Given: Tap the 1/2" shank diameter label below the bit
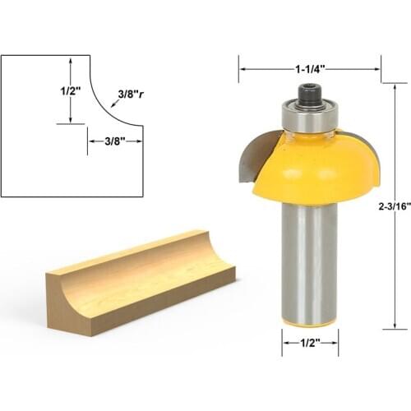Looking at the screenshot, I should [x=310, y=344].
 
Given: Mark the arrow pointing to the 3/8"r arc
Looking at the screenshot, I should [x=114, y=104].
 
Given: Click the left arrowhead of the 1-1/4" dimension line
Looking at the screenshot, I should [x=242, y=71].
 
